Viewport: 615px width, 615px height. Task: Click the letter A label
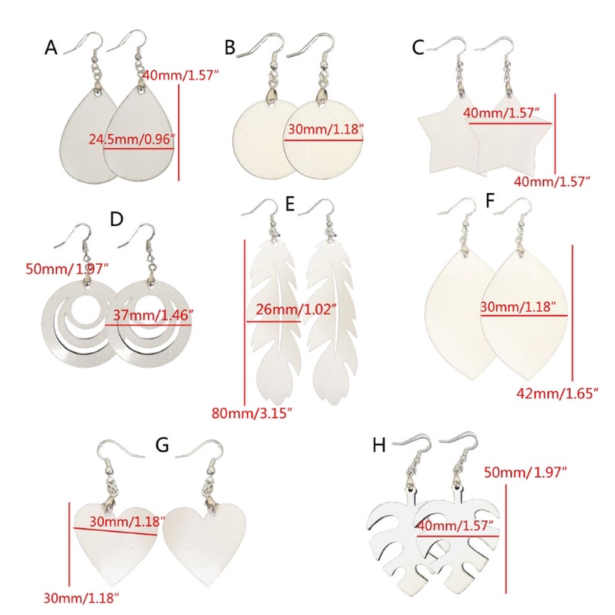51,48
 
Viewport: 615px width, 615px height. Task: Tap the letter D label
117,219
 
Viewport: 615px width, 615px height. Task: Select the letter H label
379,445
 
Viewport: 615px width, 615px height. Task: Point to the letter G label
162,445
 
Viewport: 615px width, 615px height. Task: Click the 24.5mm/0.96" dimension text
131,139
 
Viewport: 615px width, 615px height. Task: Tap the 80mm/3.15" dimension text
252,413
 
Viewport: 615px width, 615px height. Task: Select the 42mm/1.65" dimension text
556,393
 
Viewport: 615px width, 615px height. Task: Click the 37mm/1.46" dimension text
153,315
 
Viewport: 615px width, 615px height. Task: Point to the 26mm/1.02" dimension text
296,309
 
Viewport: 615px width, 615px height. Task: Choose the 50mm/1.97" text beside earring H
525,472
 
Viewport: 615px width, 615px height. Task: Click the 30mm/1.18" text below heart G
81,598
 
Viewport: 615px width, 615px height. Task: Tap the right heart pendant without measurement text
204,543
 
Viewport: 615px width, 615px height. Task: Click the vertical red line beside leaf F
573,313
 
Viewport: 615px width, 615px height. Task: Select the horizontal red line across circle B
323,140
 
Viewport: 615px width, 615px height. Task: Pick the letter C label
418,48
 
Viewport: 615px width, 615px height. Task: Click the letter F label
490,201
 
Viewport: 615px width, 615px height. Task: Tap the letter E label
290,204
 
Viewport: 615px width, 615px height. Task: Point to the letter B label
230,48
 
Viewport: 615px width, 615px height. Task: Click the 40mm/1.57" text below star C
552,181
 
